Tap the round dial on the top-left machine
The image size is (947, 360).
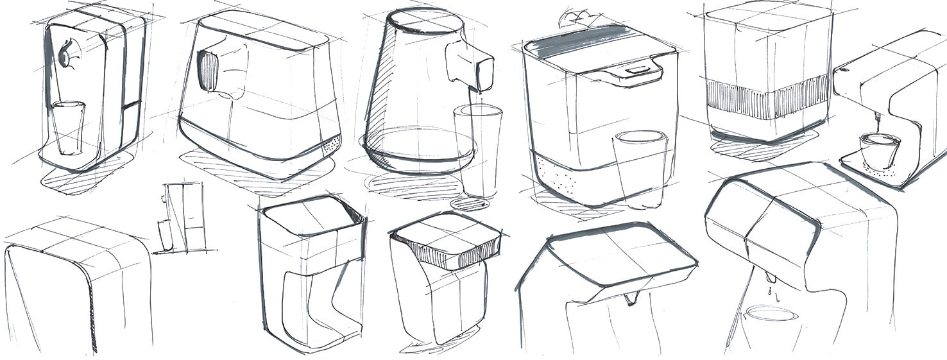tap(65, 56)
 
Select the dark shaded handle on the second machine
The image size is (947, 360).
tap(207, 71)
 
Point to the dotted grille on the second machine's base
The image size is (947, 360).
tap(330, 146)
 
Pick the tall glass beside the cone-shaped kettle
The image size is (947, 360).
tap(477, 150)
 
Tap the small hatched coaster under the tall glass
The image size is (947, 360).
tap(470, 204)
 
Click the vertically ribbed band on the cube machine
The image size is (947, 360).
tap(767, 97)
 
